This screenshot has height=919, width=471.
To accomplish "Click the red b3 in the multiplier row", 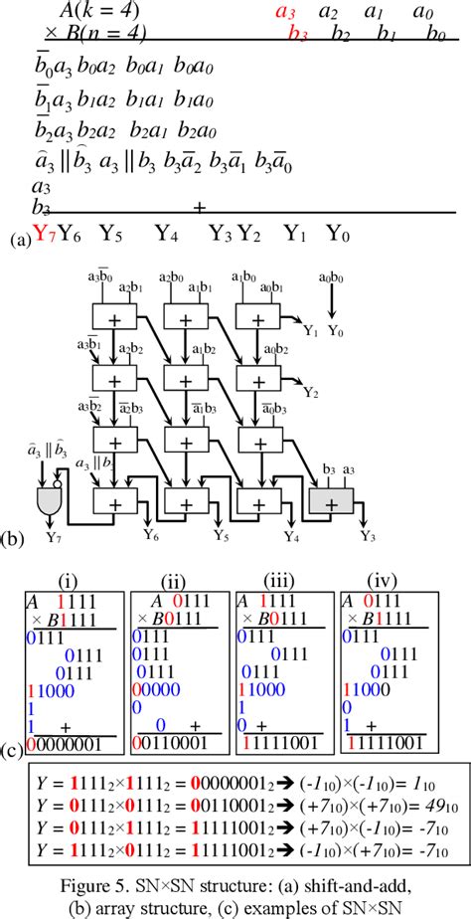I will tap(297, 35).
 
